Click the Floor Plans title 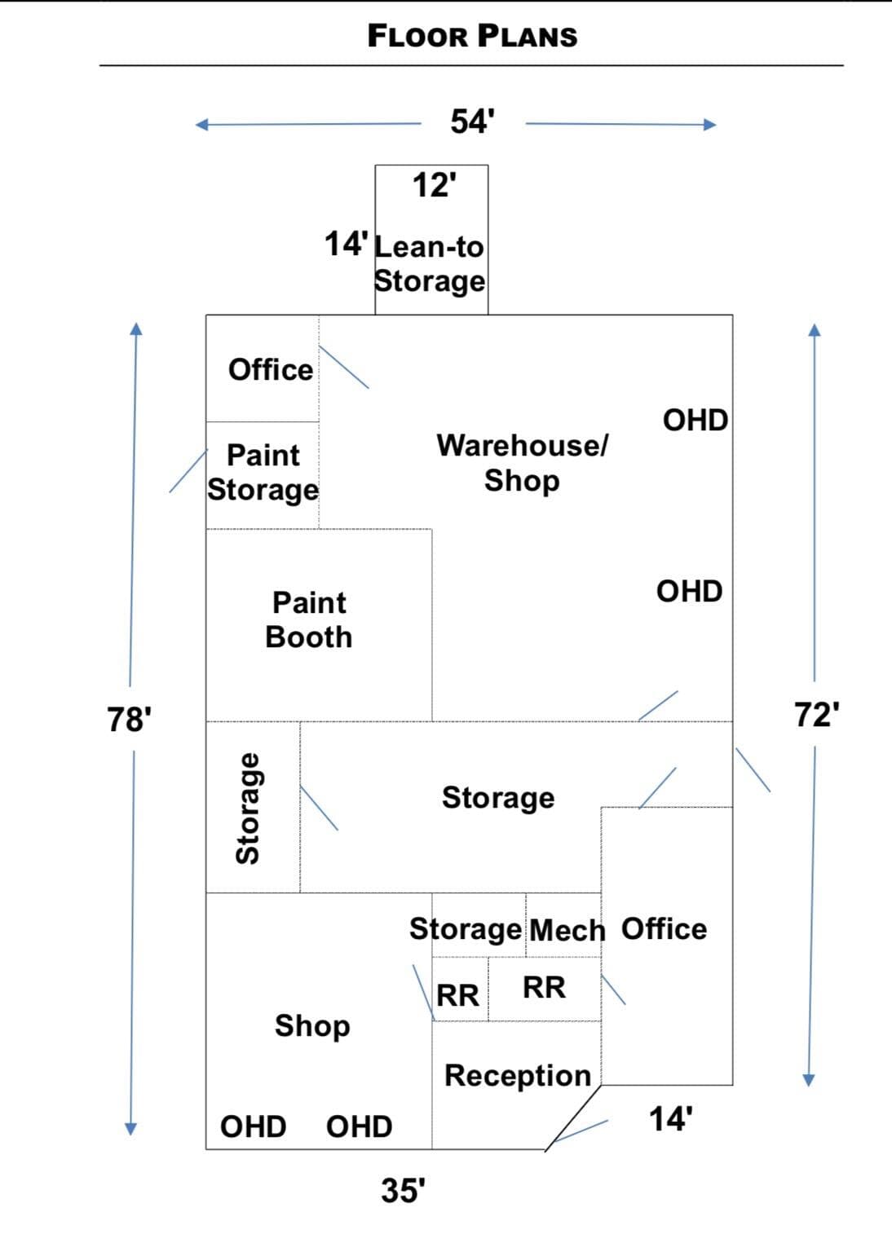pos(472,37)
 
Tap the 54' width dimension pos(472,121)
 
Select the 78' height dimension pos(129,720)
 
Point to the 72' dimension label pos(817,715)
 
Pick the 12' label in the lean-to pos(435,185)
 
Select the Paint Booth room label pos(308,620)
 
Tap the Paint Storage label pos(263,473)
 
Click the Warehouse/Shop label pos(523,463)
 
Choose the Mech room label pos(567,931)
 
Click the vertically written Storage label pos(248,809)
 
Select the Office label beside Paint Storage pos(271,370)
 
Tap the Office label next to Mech pos(665,929)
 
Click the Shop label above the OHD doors pos(312,1026)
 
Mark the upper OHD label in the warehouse pos(695,421)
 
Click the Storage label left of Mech pos(465,930)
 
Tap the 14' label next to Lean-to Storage pos(347,245)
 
